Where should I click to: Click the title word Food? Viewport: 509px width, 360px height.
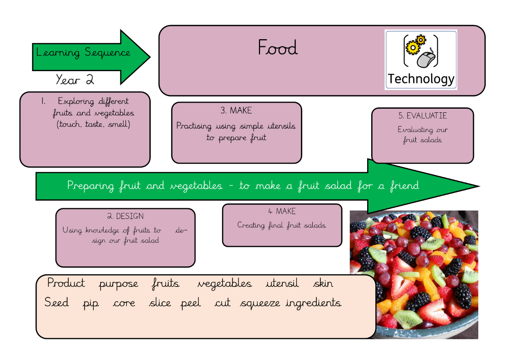278,48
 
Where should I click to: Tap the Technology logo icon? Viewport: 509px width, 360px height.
421,60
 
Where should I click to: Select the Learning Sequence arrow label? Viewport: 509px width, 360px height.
84,53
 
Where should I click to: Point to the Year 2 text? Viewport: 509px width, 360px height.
75,80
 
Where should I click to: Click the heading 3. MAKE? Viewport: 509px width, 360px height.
236,110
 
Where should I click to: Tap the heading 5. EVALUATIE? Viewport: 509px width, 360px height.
423,116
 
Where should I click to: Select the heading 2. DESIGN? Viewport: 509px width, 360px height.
125,217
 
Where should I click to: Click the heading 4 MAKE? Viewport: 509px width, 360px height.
282,211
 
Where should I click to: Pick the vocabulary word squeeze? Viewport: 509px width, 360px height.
260,303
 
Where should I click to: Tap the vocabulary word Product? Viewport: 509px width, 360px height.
66,283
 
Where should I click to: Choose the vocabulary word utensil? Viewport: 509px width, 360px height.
282,283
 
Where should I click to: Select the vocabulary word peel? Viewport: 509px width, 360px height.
191,303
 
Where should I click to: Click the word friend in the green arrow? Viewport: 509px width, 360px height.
404,186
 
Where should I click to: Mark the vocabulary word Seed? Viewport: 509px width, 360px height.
57,303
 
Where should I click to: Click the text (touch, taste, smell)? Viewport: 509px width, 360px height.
94,124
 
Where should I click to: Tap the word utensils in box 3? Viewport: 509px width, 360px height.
279,126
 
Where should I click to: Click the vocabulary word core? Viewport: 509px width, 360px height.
124,303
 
